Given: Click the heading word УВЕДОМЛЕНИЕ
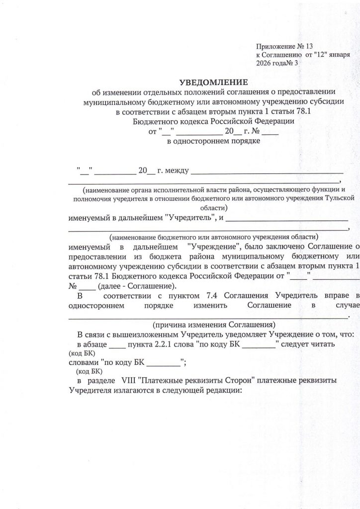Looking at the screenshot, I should pos(213,82).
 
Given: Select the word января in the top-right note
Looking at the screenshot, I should pos(337,55).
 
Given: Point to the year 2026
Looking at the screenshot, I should pos(264,64).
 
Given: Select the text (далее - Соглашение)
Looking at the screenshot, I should pos(137,286).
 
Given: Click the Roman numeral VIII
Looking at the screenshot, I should pos(129,381).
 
